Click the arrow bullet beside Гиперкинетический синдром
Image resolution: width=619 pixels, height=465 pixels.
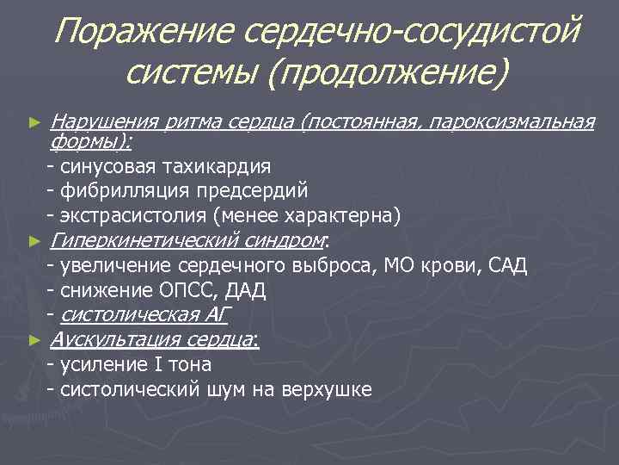[x=34, y=241]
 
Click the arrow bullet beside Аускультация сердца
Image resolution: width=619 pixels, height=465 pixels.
[x=34, y=341]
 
